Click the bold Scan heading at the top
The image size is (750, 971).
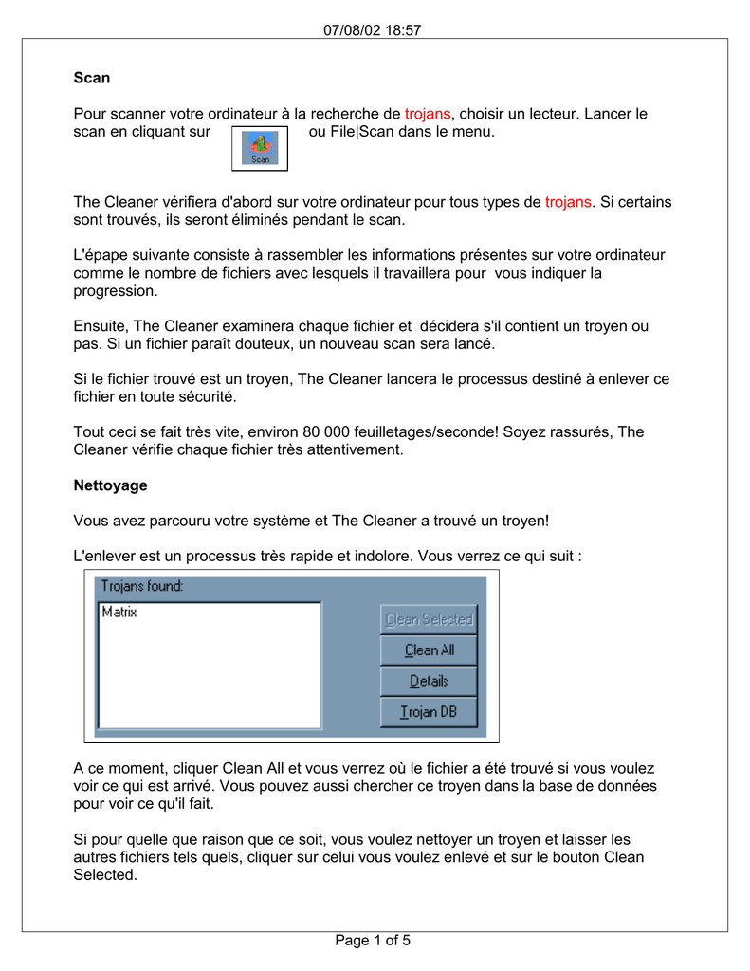coord(92,78)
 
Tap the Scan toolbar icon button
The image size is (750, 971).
coord(260,149)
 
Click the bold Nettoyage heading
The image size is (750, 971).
coord(110,485)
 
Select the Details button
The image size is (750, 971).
coord(429,681)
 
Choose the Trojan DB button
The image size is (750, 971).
coord(429,712)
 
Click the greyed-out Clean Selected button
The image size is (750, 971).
coord(429,620)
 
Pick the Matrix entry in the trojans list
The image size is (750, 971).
coord(119,613)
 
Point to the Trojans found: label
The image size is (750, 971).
coord(142,586)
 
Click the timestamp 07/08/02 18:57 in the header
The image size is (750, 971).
coord(373,29)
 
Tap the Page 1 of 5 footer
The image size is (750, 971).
coord(374,941)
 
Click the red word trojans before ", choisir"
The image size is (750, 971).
coord(428,114)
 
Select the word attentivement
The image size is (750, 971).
coord(353,449)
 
